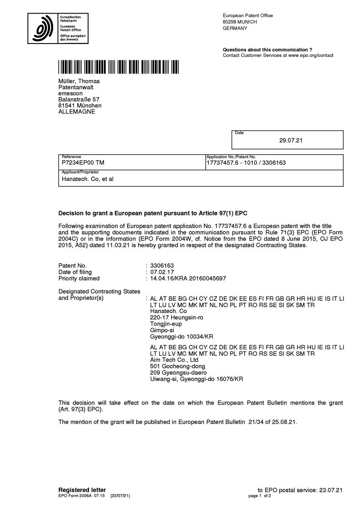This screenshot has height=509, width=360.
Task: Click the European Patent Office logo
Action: pos(58,28)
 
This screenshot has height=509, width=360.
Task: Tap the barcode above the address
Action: pos(118,67)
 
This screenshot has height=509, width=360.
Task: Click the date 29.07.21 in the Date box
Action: pos(291,140)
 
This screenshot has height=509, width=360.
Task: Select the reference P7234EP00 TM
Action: pos(85,162)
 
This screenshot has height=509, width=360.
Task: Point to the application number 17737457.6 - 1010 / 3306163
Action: pos(246,162)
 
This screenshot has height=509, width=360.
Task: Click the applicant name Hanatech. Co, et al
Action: pos(87,179)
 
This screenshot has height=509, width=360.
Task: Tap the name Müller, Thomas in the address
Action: pos(79,81)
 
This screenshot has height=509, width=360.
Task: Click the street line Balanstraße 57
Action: pos(79,99)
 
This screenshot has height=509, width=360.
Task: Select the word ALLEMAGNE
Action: pos(77,112)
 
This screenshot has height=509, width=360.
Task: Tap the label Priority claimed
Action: pos(79,278)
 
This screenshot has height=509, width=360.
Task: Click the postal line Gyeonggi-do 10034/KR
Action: pos(181,337)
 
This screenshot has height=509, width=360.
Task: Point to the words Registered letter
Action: pos(82,489)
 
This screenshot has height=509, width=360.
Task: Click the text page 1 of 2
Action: pos(260,496)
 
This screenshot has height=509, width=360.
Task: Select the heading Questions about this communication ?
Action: pos(267,49)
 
